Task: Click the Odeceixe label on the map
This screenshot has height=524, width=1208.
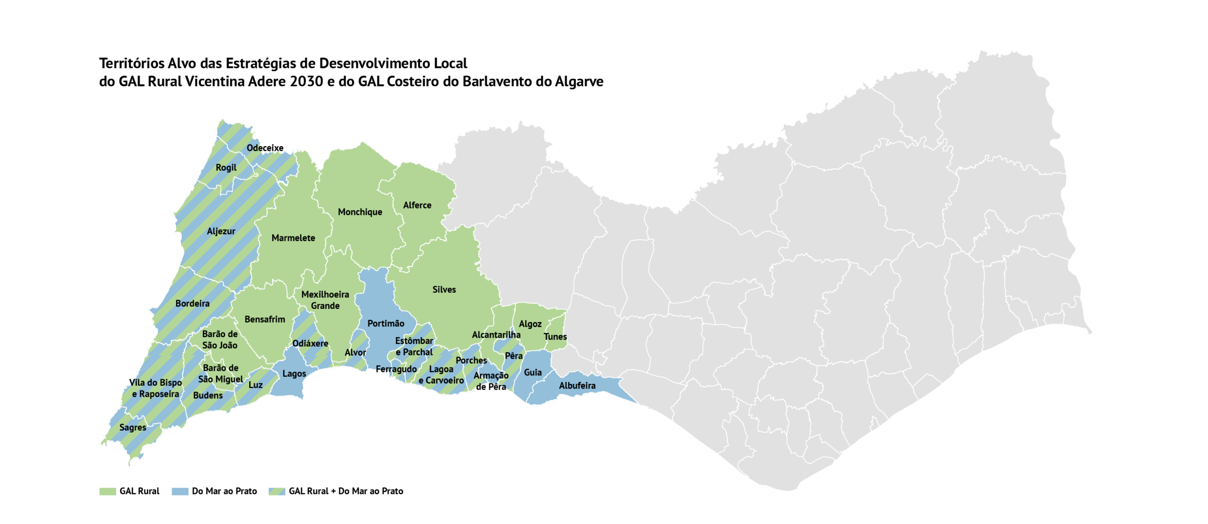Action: pos(265,148)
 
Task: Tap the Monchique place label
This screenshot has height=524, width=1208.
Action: pos(360,212)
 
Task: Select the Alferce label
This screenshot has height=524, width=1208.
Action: pos(417,205)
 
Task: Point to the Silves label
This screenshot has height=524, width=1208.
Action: pos(444,290)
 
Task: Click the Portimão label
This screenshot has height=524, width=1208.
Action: pos(386,324)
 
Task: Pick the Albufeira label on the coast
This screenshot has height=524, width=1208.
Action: pos(577,386)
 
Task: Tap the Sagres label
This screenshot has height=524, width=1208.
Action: pos(133,428)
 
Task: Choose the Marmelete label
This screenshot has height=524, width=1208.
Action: pos(293,238)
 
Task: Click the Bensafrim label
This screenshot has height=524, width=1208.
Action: pos(264,319)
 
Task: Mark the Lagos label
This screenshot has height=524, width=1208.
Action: pos(294,374)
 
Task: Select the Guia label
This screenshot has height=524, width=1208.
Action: pos(532,373)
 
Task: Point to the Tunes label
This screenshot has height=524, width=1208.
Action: pos(555,337)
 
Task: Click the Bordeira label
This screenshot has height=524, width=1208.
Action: pos(192,304)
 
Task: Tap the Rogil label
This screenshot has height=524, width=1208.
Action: pos(226,167)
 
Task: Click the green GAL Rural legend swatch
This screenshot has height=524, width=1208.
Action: pos(108,491)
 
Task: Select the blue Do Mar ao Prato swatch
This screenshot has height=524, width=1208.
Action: pos(180,491)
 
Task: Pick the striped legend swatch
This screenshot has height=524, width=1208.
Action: pos(277,491)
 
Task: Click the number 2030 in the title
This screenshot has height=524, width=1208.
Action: pos(306,82)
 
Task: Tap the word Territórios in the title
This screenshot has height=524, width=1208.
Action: pos(132,63)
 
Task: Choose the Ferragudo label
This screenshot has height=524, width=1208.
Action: pos(396,369)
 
